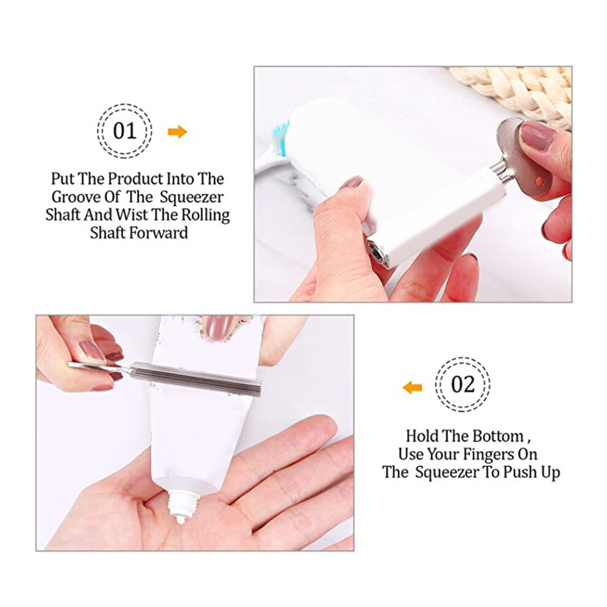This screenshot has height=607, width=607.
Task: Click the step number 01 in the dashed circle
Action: coord(124,131)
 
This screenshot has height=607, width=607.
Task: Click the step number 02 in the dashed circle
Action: coord(462,384)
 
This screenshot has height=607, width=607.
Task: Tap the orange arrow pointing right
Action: coord(177,132)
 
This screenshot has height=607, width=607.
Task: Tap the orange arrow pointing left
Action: coord(412,387)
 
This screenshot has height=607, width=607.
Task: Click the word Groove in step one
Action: coord(76,197)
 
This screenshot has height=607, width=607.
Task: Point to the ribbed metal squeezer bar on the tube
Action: coord(196,379)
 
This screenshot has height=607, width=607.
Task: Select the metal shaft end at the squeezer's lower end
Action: coord(376,253)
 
